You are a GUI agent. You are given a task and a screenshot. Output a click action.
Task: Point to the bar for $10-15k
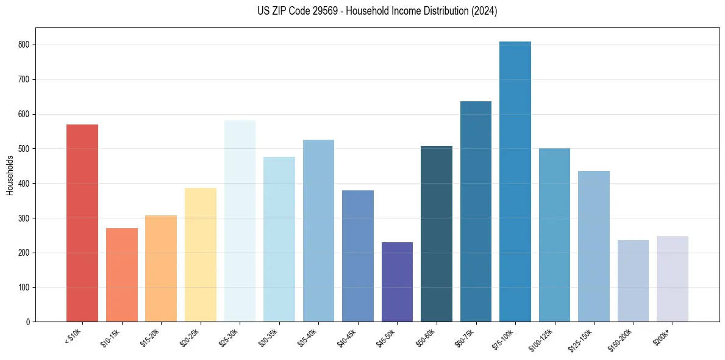pyautogui.click(x=122, y=275)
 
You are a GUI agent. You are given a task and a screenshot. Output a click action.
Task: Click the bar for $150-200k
pyautogui.click(x=633, y=281)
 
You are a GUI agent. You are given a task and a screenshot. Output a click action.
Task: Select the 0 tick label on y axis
pyautogui.click(x=28, y=322)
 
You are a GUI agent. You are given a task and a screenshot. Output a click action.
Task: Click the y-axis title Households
pyautogui.click(x=10, y=175)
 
